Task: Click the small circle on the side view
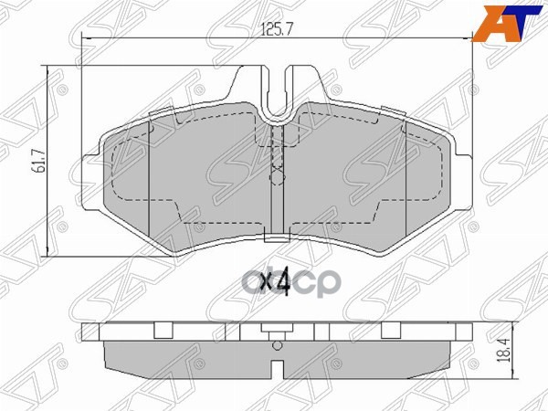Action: pyautogui.click(x=277, y=345)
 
